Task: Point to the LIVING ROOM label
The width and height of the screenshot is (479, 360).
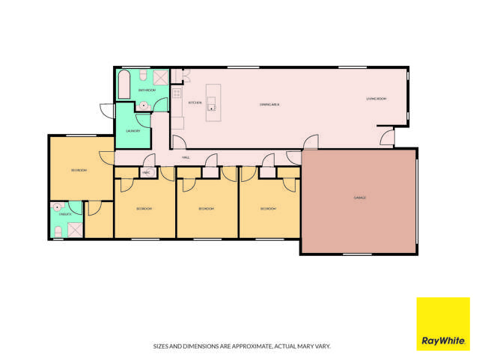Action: tap(376, 99)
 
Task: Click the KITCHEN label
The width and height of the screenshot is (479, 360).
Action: tap(195, 103)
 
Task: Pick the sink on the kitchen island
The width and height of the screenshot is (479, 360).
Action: tap(213, 106)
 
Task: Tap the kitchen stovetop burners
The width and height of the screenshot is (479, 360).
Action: tap(177, 94)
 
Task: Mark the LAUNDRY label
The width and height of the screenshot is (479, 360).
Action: tap(132, 130)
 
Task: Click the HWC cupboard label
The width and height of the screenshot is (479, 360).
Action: tap(146, 173)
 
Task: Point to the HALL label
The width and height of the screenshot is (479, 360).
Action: tap(186, 158)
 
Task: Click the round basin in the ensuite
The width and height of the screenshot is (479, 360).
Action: tap(57, 206)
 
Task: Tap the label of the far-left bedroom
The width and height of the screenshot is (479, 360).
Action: tap(79, 171)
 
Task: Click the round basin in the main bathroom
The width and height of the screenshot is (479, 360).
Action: tap(143, 106)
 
